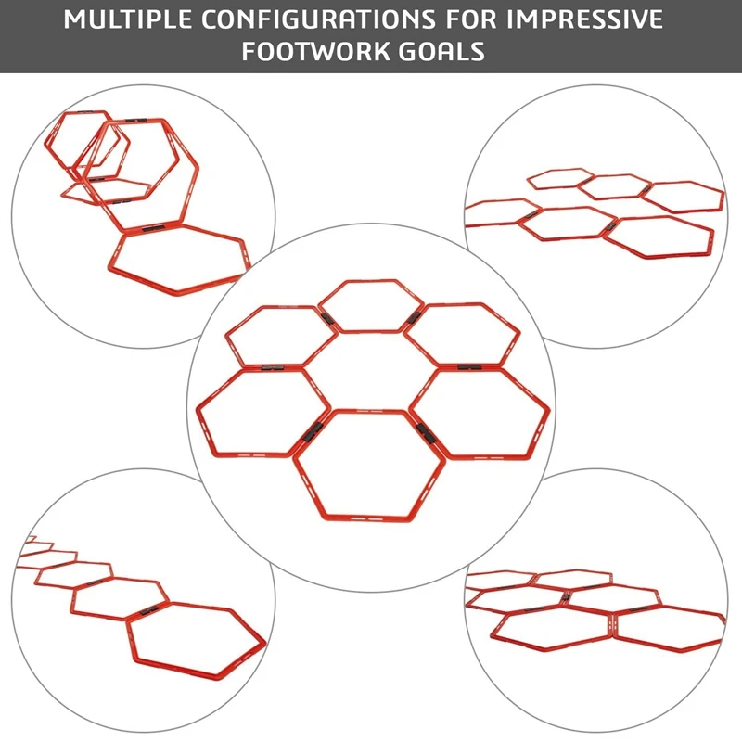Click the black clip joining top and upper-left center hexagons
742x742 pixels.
coord(326,318)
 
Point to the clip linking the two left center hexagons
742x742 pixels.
coord(270,366)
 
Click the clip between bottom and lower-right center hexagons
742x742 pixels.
coord(426,430)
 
